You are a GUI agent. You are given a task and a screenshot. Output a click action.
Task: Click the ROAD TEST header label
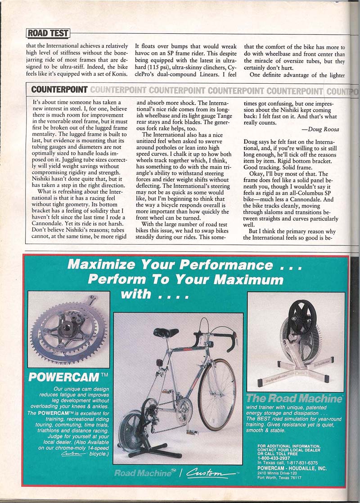(x=48, y=33)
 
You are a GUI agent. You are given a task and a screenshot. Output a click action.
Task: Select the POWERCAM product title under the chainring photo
(x=64, y=376)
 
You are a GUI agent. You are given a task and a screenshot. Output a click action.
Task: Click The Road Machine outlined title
(x=295, y=398)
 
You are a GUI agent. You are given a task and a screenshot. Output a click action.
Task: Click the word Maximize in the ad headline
(x=108, y=265)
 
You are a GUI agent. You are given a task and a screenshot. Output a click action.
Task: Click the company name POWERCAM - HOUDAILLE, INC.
(x=292, y=467)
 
